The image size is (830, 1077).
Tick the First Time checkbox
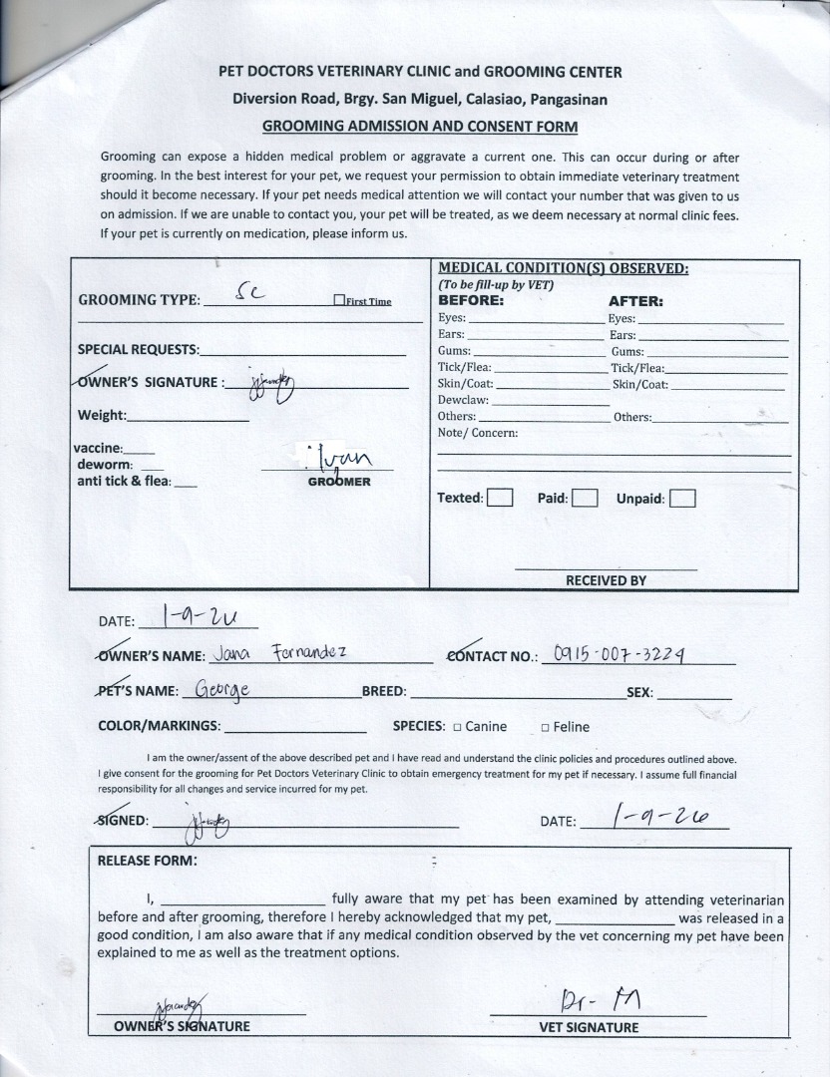click(339, 301)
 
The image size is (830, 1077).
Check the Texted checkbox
click(500, 498)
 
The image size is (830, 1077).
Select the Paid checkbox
click(585, 498)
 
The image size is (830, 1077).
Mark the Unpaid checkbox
click(682, 499)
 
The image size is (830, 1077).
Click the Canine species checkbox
click(457, 727)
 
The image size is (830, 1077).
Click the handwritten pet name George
click(221, 689)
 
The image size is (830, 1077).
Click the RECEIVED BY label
click(606, 579)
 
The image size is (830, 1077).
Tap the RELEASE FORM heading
click(147, 861)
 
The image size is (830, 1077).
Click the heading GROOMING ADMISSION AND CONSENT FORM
click(420, 127)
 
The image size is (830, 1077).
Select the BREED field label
click(383, 692)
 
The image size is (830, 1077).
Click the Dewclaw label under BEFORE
click(463, 400)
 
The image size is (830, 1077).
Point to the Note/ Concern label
click(478, 433)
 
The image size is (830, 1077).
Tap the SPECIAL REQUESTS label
click(138, 350)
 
